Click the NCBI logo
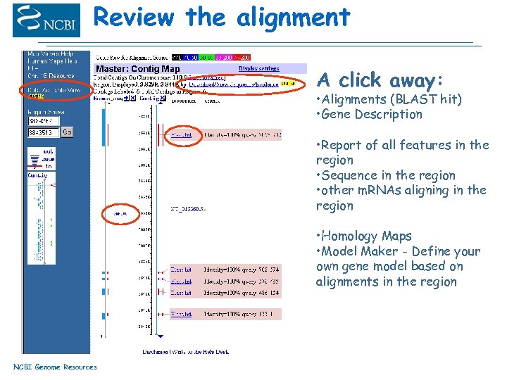(46, 20)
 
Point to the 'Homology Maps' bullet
(366, 236)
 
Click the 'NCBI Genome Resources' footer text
(55, 367)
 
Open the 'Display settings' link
(258, 68)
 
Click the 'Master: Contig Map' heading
(138, 69)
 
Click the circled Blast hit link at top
(181, 134)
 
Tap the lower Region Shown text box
(43, 132)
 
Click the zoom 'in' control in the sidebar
(49, 167)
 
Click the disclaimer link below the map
(186, 351)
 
